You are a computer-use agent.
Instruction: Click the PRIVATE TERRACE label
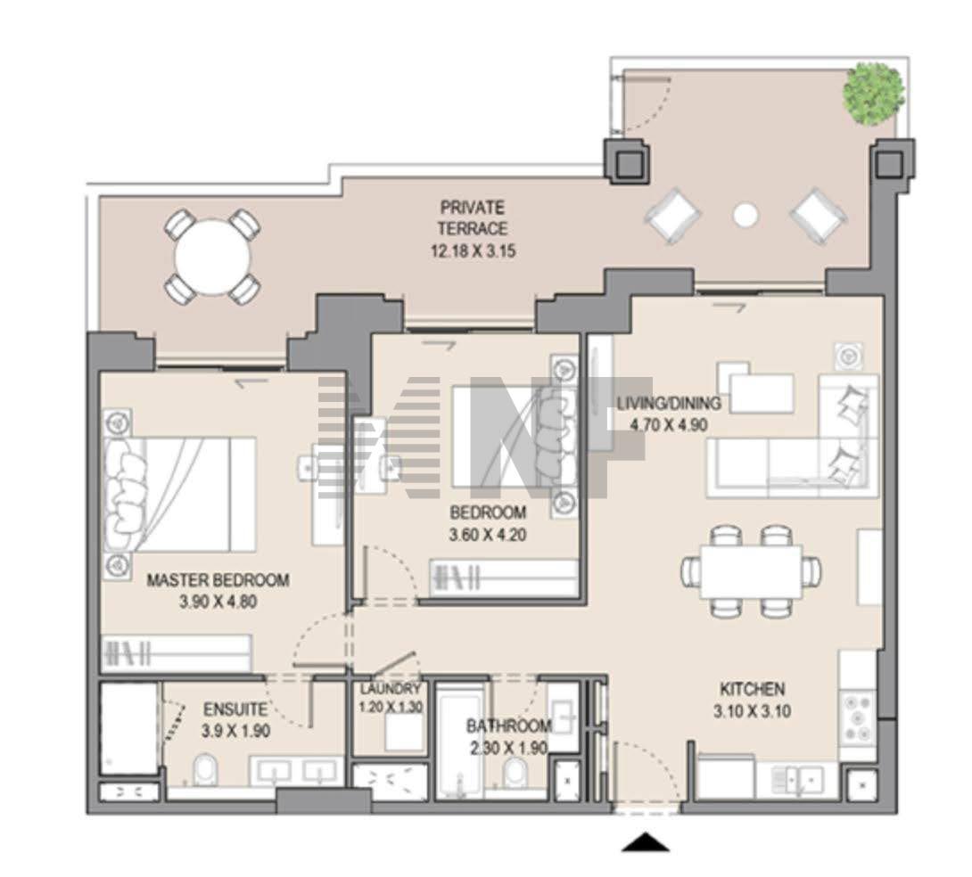[473, 217]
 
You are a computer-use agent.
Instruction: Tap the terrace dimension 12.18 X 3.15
[473, 250]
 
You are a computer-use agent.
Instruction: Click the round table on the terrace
[212, 257]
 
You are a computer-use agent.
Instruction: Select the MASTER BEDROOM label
[218, 580]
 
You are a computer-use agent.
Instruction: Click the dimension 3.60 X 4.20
[488, 534]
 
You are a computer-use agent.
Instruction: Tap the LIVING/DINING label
[669, 403]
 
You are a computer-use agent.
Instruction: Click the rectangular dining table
[752, 571]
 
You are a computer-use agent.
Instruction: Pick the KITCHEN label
[752, 689]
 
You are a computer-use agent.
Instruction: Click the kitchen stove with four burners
[857, 717]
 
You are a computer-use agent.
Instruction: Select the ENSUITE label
[235, 709]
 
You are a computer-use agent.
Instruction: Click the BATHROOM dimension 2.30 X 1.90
[508, 748]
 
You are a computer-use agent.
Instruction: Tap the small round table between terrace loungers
[745, 215]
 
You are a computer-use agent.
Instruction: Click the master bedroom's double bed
[180, 495]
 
